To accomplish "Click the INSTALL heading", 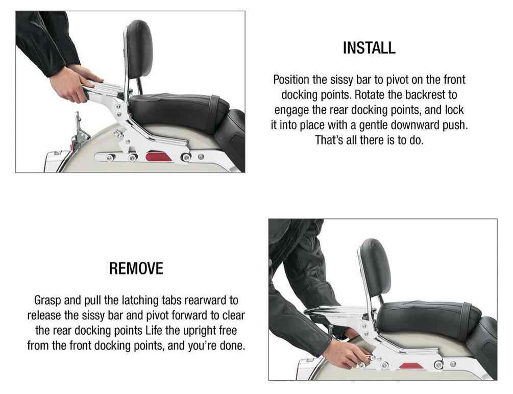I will pyautogui.click(x=369, y=48).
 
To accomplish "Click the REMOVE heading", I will pyautogui.click(x=136, y=268).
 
